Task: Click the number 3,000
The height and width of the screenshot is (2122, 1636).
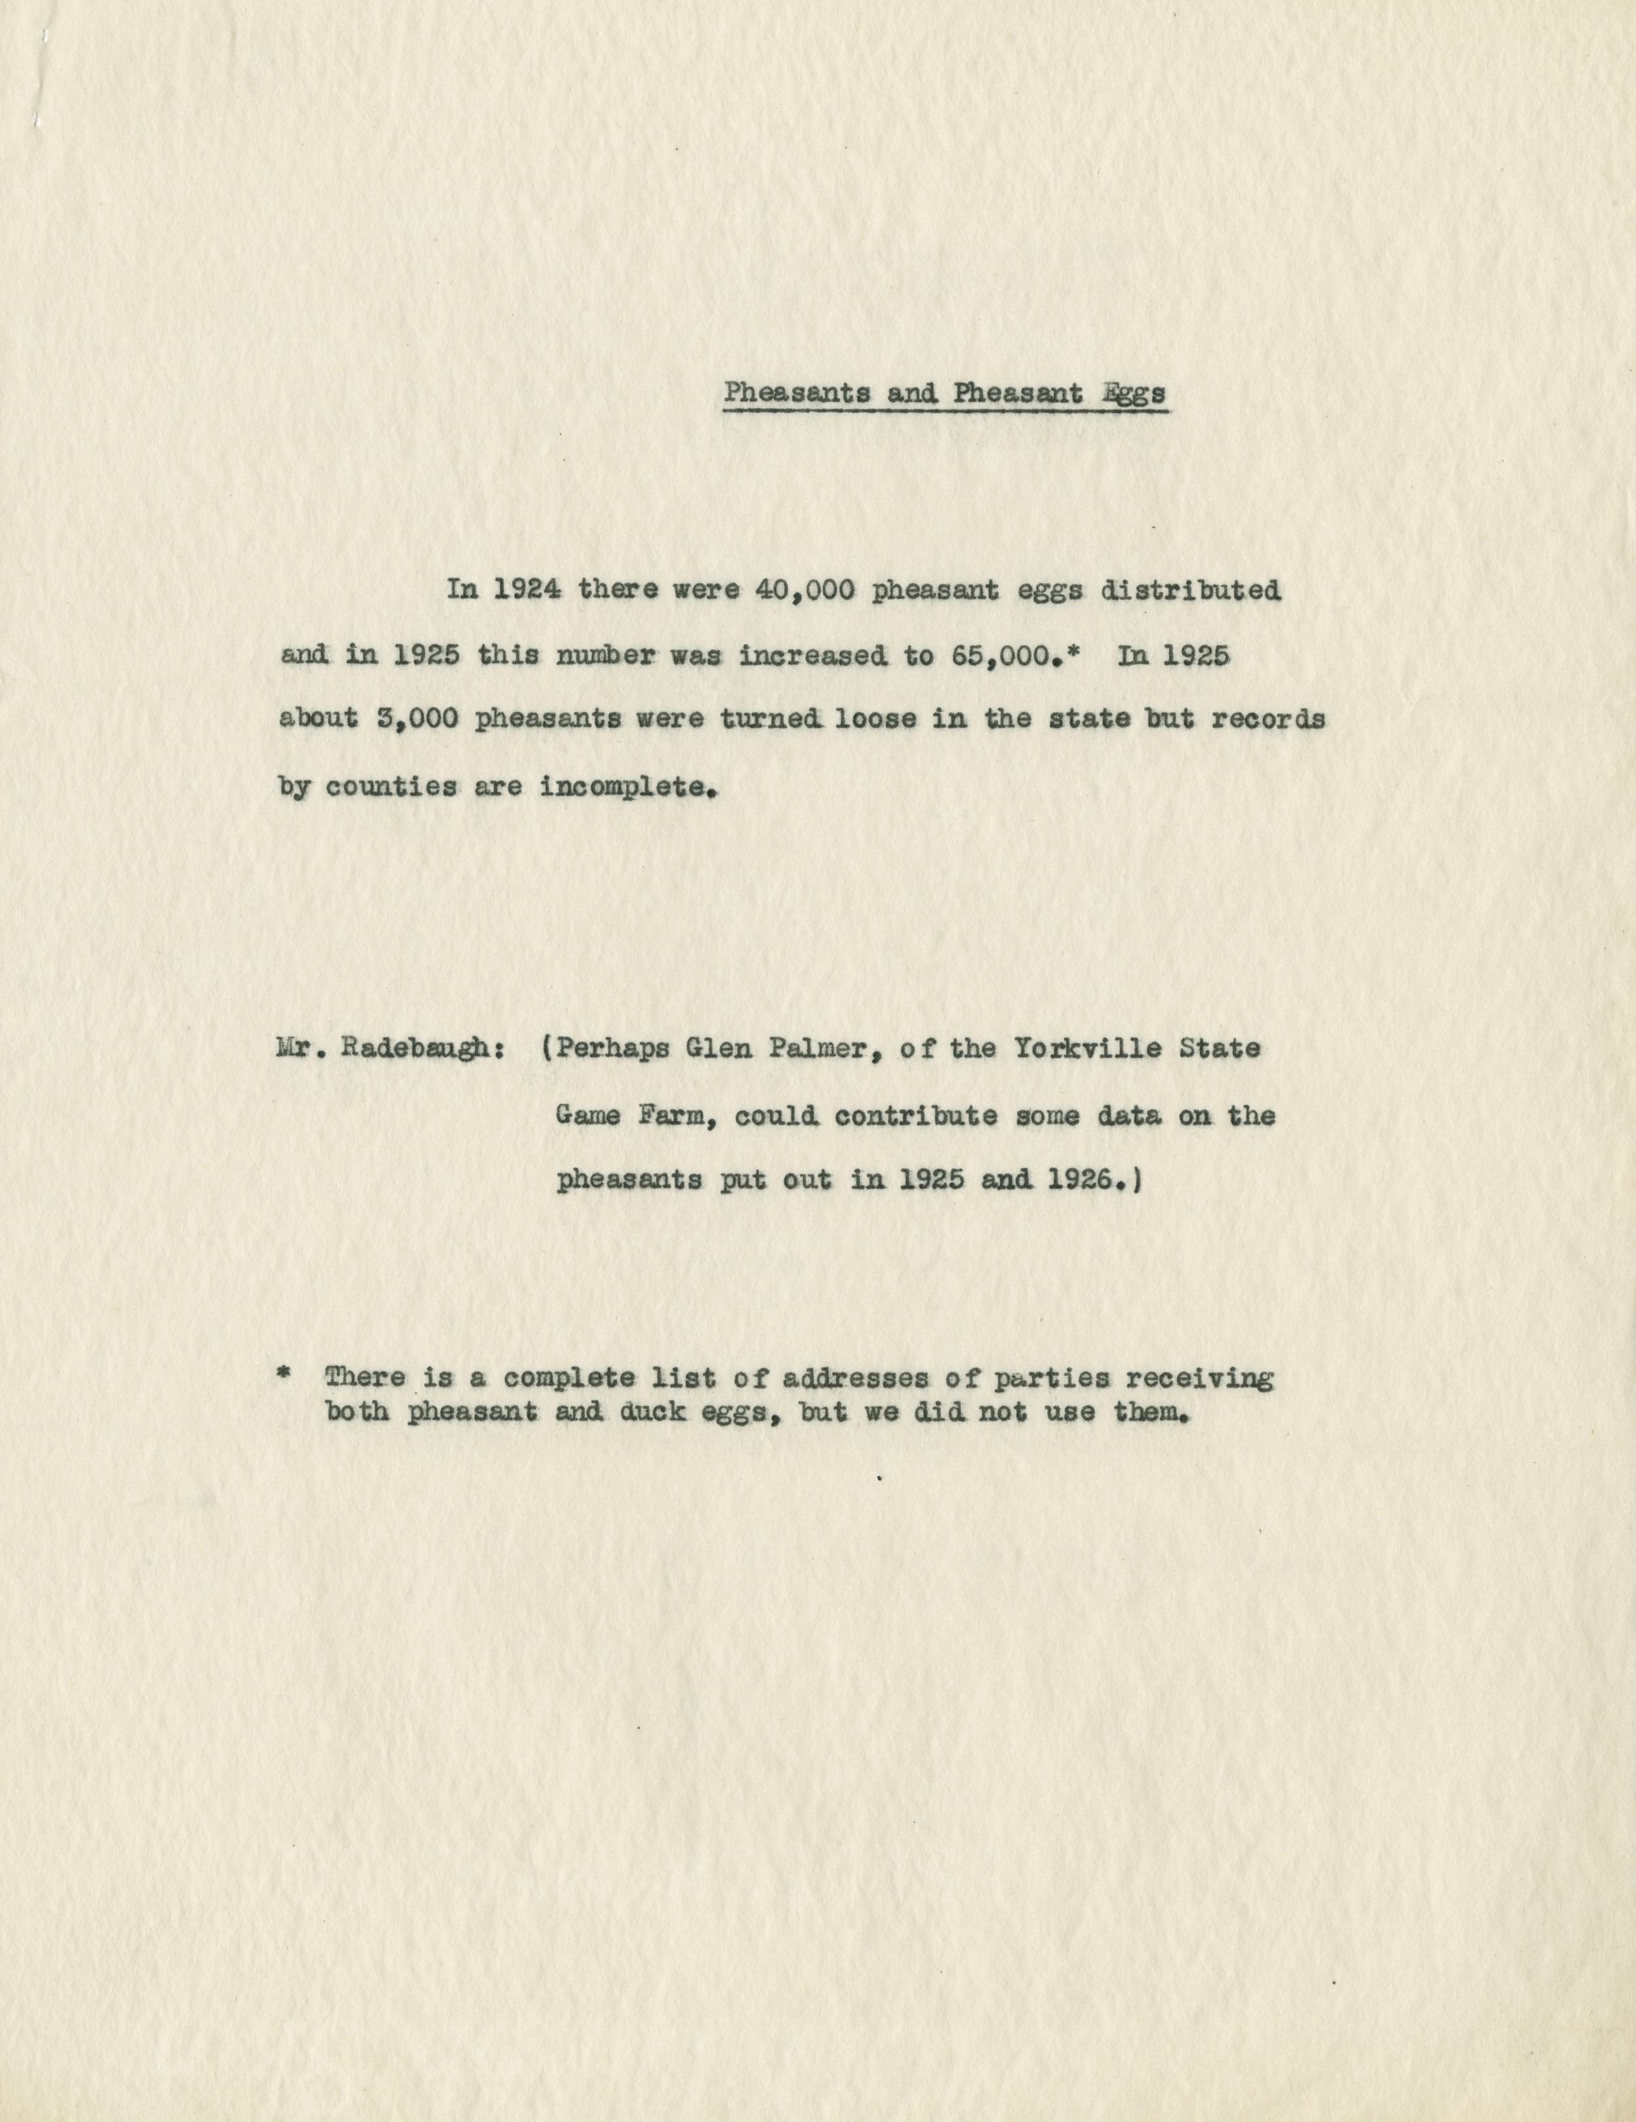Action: pos(417,721)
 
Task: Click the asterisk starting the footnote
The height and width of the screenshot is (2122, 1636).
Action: pos(284,1376)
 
